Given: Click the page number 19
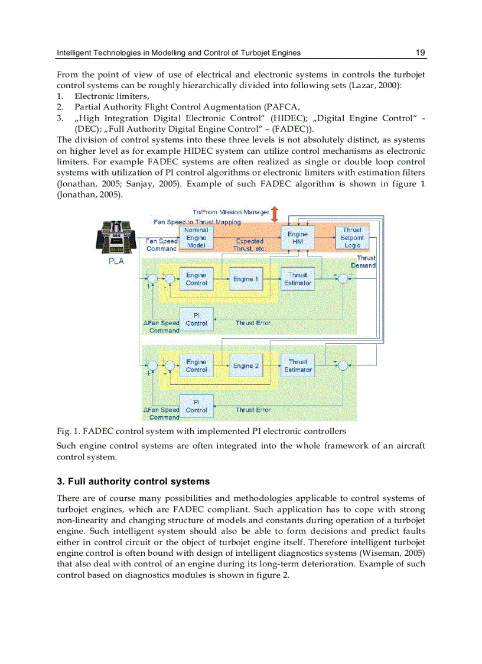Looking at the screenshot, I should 420,53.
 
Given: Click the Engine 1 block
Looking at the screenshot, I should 246,279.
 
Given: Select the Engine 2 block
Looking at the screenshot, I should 246,366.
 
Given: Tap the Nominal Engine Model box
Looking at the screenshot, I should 196,238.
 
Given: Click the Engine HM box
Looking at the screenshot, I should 298,238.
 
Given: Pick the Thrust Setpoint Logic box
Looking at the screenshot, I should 352,238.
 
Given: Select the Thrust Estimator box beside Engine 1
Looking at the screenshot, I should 298,279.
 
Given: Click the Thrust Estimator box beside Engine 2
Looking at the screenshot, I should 298,366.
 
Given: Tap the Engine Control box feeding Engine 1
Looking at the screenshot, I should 196,279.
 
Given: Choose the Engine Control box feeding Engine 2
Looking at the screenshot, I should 196,366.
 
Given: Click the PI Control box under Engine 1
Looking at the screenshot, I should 196,319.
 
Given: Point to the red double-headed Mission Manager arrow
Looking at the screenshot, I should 274,212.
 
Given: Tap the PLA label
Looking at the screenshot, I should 116,261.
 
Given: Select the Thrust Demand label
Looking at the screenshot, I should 363,262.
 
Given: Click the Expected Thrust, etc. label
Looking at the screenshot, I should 250,245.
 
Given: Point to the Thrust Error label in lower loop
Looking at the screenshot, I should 253,410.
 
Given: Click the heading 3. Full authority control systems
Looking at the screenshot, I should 133,481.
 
